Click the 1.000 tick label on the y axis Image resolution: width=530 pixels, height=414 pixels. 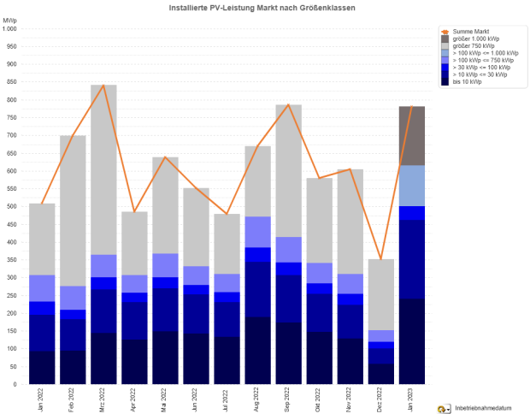[x=9, y=28]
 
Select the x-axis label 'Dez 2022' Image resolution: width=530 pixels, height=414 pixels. [x=381, y=398]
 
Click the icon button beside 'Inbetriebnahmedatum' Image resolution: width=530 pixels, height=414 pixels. [x=444, y=409]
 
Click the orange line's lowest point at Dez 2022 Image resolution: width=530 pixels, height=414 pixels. [x=381, y=259]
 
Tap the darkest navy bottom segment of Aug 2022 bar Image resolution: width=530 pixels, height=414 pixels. [x=258, y=351]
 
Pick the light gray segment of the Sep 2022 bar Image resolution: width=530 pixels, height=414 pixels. [x=289, y=171]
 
